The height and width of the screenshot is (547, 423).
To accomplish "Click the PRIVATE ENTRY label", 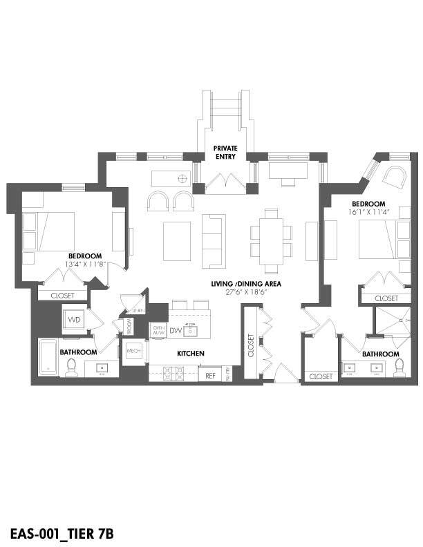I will [x=225, y=152].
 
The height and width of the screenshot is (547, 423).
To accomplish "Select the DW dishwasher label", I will [x=176, y=332].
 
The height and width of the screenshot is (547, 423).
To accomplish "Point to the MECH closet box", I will [x=133, y=354].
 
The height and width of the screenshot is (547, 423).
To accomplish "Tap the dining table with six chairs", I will [x=272, y=240].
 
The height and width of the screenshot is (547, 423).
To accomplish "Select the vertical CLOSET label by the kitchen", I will [x=251, y=346].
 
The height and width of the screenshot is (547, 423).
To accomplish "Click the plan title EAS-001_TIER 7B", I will [x=62, y=533].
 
